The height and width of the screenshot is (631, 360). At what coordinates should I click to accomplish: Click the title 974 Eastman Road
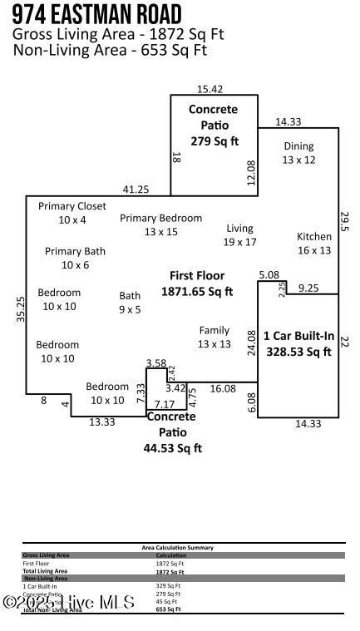97,14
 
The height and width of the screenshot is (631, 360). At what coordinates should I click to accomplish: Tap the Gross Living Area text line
118,35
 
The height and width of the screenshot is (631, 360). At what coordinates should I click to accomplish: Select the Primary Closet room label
72,213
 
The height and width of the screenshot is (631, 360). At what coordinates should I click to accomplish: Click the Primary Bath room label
75,258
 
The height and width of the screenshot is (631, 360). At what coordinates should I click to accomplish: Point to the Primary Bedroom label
160,224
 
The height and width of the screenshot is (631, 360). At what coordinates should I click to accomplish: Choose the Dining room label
298,153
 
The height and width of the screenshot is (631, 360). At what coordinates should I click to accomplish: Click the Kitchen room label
313,243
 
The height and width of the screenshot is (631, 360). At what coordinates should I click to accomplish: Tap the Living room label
239,234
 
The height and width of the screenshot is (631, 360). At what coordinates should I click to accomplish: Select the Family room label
214,337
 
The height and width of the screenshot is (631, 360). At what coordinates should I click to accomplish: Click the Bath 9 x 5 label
130,302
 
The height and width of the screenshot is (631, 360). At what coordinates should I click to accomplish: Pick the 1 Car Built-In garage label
298,343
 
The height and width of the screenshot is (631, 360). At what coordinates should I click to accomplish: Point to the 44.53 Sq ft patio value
172,448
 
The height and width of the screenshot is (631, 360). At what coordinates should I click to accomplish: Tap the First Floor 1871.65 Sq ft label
197,283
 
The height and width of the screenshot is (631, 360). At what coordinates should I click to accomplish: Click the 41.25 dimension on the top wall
136,190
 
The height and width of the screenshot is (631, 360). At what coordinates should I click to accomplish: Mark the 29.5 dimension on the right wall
346,222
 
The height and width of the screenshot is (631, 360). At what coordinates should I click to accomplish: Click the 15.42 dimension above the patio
210,88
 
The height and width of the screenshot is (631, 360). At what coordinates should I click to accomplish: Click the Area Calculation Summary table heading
178,548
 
